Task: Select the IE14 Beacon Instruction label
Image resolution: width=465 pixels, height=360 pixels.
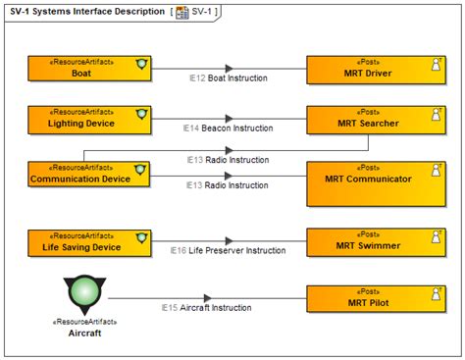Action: pos(228,128)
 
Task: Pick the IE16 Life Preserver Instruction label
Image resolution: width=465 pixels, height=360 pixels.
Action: pos(227,251)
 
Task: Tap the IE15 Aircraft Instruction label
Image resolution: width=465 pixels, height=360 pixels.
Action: pos(206,307)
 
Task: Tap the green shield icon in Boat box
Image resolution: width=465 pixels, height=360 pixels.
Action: pos(141,63)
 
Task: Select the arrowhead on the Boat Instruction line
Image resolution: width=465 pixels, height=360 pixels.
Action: pos(229,69)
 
